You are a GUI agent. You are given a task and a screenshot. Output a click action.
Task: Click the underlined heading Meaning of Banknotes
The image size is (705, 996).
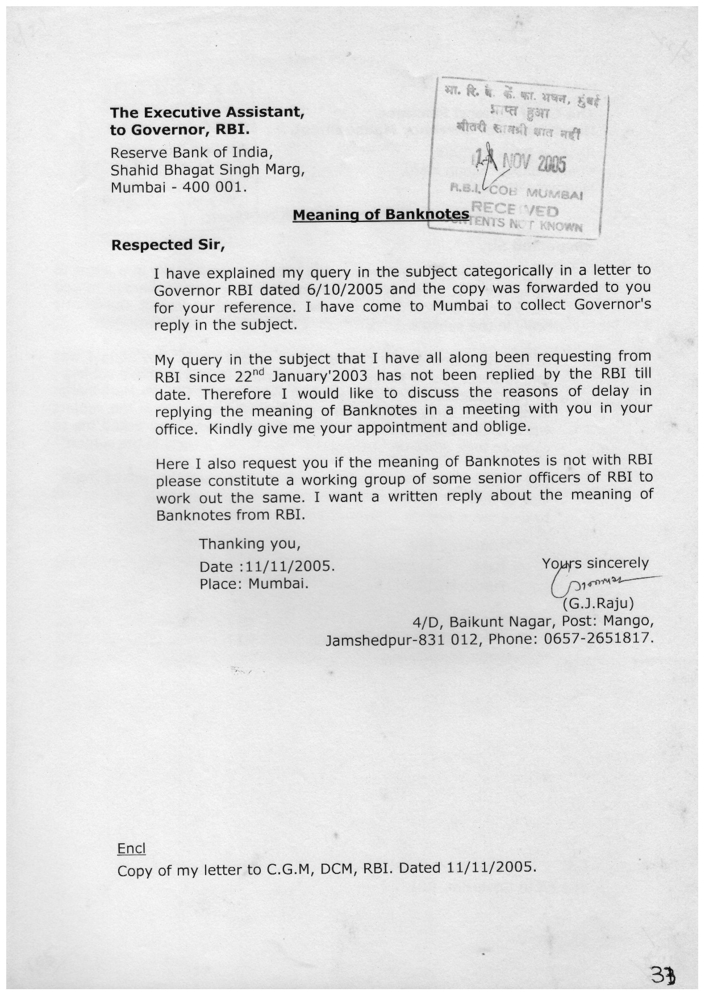pyautogui.click(x=381, y=215)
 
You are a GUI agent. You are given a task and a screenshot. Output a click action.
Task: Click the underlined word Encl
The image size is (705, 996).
pyautogui.click(x=131, y=848)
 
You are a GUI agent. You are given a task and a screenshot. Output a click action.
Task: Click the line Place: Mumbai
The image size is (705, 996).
pyautogui.click(x=254, y=584)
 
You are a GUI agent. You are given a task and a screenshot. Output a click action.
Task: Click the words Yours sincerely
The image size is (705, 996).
pyautogui.click(x=595, y=563)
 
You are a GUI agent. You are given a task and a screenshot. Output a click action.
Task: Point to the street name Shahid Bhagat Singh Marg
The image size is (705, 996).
pyautogui.click(x=207, y=170)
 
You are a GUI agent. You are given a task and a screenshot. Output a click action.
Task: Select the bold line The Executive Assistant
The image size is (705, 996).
pyautogui.click(x=207, y=112)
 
